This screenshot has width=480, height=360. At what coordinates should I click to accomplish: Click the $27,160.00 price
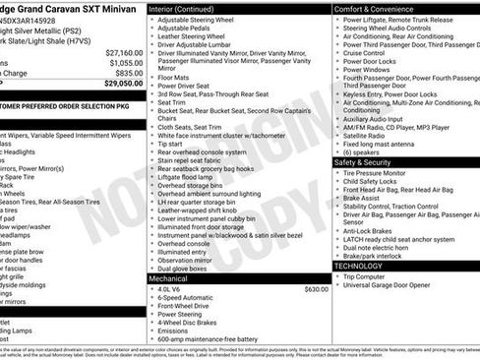point(124,51)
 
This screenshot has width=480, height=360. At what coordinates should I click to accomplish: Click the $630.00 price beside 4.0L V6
point(316,289)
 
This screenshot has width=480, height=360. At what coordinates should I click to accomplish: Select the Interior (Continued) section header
point(189,7)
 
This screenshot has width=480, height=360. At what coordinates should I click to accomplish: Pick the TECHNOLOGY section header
point(359,266)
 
